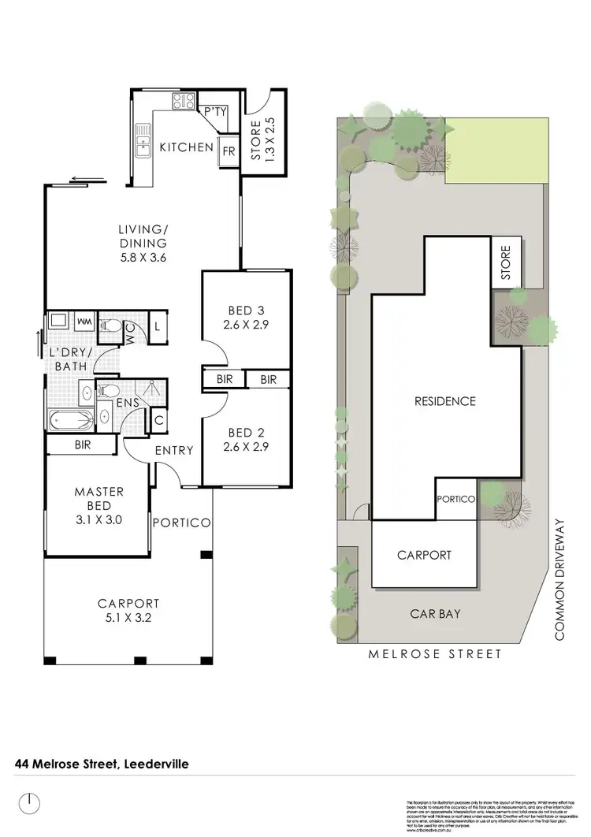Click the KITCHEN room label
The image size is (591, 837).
(x=186, y=147)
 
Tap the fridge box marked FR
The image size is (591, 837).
(x=229, y=150)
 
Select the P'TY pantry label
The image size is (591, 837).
(x=215, y=112)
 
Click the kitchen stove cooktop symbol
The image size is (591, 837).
(x=184, y=101)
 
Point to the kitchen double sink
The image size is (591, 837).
(x=143, y=140)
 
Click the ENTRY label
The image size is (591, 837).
(x=174, y=450)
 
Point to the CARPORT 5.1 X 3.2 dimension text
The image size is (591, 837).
(x=125, y=618)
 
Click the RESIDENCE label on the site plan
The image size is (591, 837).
(x=445, y=401)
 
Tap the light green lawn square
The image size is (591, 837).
(x=495, y=152)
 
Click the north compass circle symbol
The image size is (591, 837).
(x=29, y=805)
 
